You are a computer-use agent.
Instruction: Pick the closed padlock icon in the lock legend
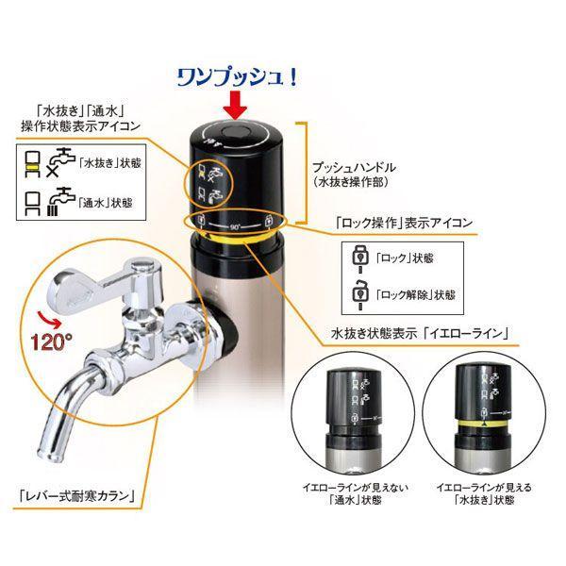(x=361, y=256)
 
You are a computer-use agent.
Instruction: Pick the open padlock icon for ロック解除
(x=361, y=291)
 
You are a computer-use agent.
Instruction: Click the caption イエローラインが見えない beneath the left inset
(x=351, y=487)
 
